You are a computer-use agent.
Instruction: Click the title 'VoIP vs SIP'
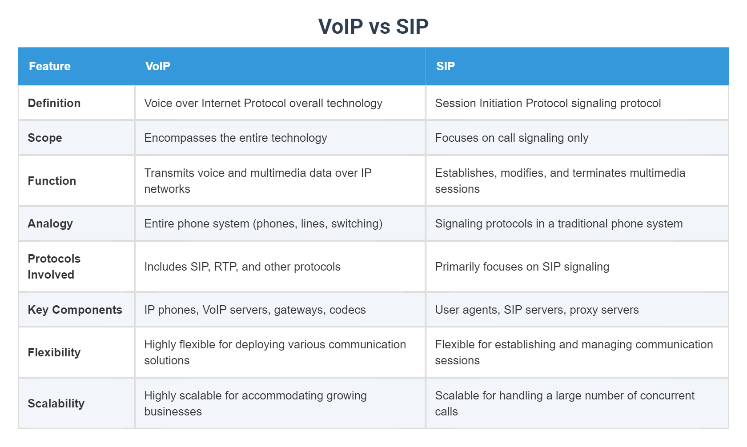click(x=373, y=27)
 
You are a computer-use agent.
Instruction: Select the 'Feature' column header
click(x=50, y=66)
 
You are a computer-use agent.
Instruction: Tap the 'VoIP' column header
click(x=158, y=66)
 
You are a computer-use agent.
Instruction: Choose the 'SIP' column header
click(x=445, y=66)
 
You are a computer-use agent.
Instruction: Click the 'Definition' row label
click(x=54, y=103)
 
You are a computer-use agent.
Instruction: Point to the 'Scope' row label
click(x=45, y=138)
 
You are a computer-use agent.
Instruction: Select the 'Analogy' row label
click(x=50, y=223)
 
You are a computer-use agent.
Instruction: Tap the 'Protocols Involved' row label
click(x=54, y=267)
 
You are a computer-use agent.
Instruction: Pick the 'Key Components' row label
click(x=75, y=310)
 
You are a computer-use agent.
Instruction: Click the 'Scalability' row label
click(x=56, y=403)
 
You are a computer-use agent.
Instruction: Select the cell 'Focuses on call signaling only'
click(x=511, y=138)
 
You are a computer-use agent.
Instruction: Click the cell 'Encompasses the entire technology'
click(x=236, y=138)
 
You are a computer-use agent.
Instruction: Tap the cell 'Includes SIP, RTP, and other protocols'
click(x=242, y=267)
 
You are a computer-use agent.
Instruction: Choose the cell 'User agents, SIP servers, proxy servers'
click(x=537, y=310)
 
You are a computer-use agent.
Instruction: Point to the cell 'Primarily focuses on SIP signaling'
click(x=522, y=267)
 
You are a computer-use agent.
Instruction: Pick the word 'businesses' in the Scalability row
click(x=173, y=411)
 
